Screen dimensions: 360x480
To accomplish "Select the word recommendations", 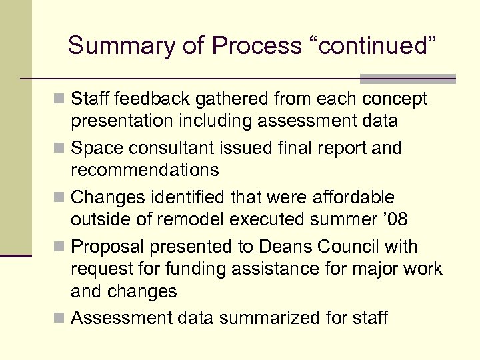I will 144,170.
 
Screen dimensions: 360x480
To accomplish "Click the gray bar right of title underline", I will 407,79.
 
